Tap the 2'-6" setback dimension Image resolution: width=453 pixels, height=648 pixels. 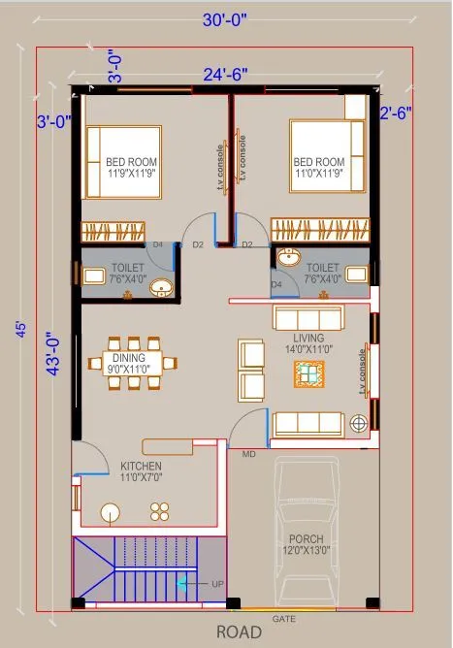(x=396, y=113)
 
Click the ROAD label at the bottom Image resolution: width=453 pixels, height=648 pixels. (x=239, y=632)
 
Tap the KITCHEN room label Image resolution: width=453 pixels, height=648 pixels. (x=141, y=466)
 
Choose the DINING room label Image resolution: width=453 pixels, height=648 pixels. (x=129, y=357)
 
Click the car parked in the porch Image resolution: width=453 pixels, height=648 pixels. (x=311, y=529)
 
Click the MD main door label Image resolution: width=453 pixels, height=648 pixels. (x=249, y=453)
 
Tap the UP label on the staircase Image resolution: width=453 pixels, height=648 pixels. (x=216, y=583)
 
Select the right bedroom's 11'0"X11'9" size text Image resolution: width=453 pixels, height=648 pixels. (x=318, y=175)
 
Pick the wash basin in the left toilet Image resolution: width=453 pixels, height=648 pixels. (x=163, y=286)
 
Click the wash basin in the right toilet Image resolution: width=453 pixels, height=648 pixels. (x=288, y=259)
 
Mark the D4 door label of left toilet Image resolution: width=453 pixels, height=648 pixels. (x=158, y=244)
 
